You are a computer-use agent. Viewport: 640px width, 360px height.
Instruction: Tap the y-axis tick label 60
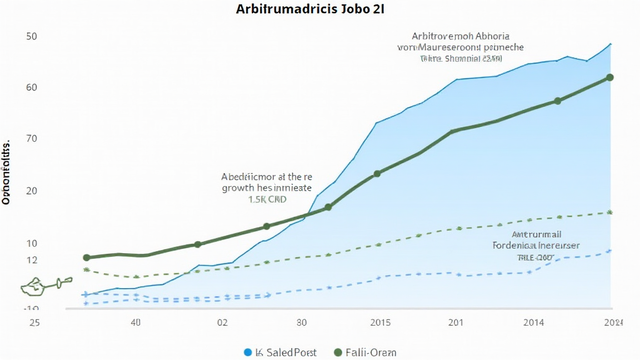click(x=32, y=87)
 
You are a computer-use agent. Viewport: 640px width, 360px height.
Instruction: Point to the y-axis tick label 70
click(x=32, y=138)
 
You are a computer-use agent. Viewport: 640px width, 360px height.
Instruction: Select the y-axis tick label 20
click(x=32, y=191)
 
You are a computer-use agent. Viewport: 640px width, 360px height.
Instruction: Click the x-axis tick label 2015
click(x=380, y=322)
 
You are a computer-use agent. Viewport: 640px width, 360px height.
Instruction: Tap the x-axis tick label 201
click(x=455, y=322)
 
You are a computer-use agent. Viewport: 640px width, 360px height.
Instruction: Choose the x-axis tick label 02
click(x=222, y=322)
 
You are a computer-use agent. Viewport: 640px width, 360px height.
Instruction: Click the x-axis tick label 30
click(x=301, y=322)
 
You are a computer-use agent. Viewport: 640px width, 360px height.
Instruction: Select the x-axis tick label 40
click(x=136, y=322)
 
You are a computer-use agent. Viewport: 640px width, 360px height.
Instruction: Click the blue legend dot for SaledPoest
click(x=247, y=352)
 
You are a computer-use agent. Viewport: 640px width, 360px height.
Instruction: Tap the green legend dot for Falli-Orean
click(x=339, y=352)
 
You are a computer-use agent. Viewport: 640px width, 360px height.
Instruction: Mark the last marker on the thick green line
click(x=610, y=77)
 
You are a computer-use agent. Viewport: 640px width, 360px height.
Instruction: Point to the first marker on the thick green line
click(x=87, y=257)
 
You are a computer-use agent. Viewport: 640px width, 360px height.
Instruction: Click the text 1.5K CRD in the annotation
click(x=267, y=199)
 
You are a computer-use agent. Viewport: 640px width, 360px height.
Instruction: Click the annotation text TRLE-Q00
click(x=535, y=257)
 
